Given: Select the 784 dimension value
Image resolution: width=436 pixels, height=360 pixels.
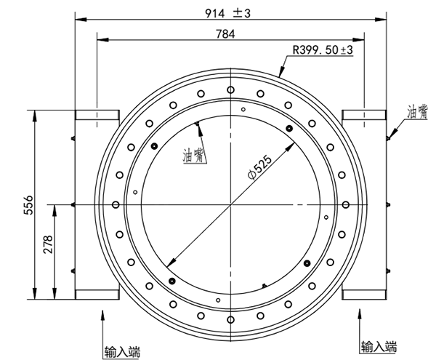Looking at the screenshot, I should [230, 33].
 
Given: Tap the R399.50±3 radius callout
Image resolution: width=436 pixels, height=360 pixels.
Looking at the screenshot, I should [322, 50].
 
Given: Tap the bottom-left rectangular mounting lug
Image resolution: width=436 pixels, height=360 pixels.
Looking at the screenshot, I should [96, 294].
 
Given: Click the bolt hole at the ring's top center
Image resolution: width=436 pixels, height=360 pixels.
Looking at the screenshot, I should [230, 89].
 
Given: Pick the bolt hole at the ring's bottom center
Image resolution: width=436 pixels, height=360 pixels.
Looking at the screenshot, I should [230, 318].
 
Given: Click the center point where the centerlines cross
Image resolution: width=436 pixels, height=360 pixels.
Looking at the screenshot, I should [230, 204].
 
